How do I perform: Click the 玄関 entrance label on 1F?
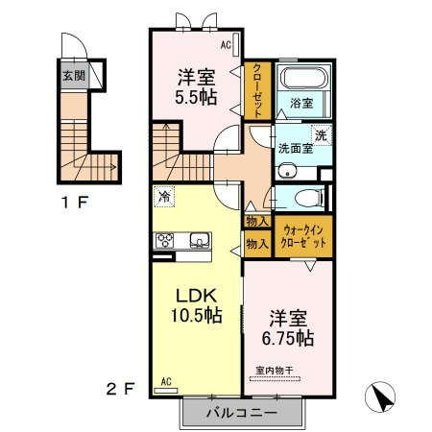(x=74, y=76)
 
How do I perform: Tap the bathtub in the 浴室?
(x=303, y=78)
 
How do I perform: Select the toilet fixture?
(x=308, y=199)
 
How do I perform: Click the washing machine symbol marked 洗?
(x=321, y=135)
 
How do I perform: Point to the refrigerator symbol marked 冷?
(x=164, y=197)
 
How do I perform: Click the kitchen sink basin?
(x=200, y=240)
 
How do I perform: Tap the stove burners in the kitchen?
(x=165, y=240)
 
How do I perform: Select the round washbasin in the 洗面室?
(x=288, y=171)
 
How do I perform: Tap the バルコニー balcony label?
(x=242, y=413)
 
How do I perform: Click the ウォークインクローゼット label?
(x=303, y=236)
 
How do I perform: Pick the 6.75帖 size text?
(x=288, y=338)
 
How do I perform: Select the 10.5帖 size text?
(x=197, y=315)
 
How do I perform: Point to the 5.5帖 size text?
(x=196, y=97)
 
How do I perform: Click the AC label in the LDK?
(x=166, y=381)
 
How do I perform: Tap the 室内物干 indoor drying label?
(x=275, y=371)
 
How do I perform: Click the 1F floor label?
(x=75, y=203)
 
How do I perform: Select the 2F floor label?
(x=120, y=389)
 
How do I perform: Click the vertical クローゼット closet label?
(x=257, y=91)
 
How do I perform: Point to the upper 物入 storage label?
(x=257, y=221)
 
